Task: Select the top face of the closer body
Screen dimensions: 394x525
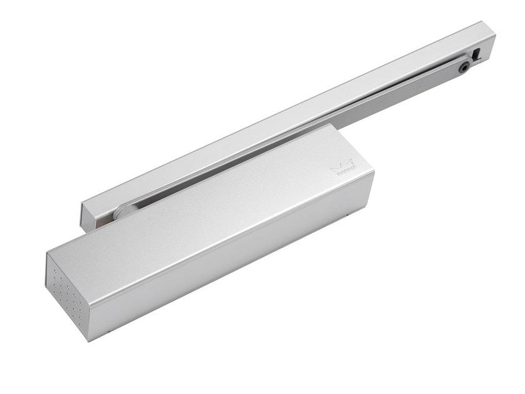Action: coord(225,194)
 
